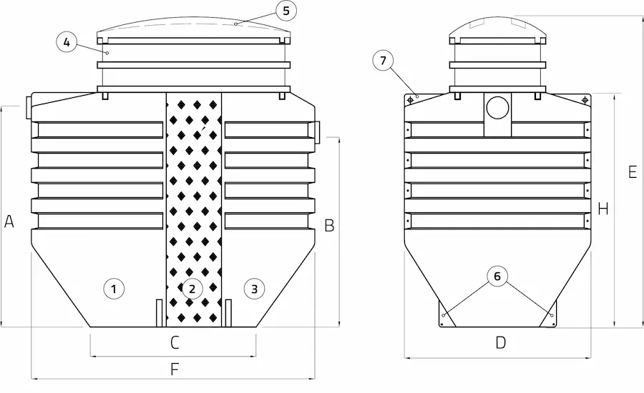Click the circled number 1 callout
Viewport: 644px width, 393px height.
[x=114, y=289]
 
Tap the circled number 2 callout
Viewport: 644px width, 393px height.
[x=192, y=289]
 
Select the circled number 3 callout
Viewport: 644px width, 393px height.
[x=254, y=289]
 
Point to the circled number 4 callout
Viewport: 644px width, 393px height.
[x=67, y=42]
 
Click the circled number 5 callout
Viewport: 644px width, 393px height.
[x=286, y=11]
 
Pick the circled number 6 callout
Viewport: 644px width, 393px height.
[x=497, y=276]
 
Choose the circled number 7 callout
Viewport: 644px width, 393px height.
[x=384, y=60]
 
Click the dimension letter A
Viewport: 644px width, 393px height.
[x=9, y=222]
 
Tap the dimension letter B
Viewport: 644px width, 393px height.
[x=329, y=225]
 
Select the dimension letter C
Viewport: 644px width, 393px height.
[x=175, y=342]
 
